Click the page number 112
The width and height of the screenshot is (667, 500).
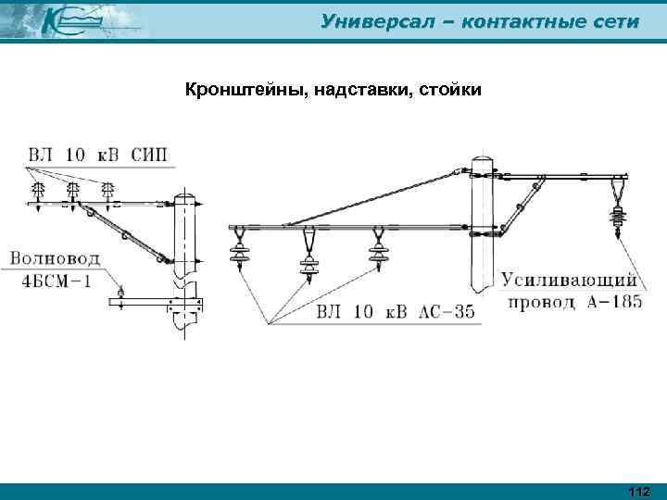pos(638,491)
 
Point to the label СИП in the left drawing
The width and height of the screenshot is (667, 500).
pos(148,155)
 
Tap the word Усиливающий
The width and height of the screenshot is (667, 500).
pos(571,279)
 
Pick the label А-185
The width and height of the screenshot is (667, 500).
pos(607,302)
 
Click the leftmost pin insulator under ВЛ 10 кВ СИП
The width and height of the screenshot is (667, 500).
pos(40,192)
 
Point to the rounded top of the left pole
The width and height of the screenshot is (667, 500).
pos(186,198)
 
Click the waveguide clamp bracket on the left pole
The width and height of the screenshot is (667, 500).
pos(184,304)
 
